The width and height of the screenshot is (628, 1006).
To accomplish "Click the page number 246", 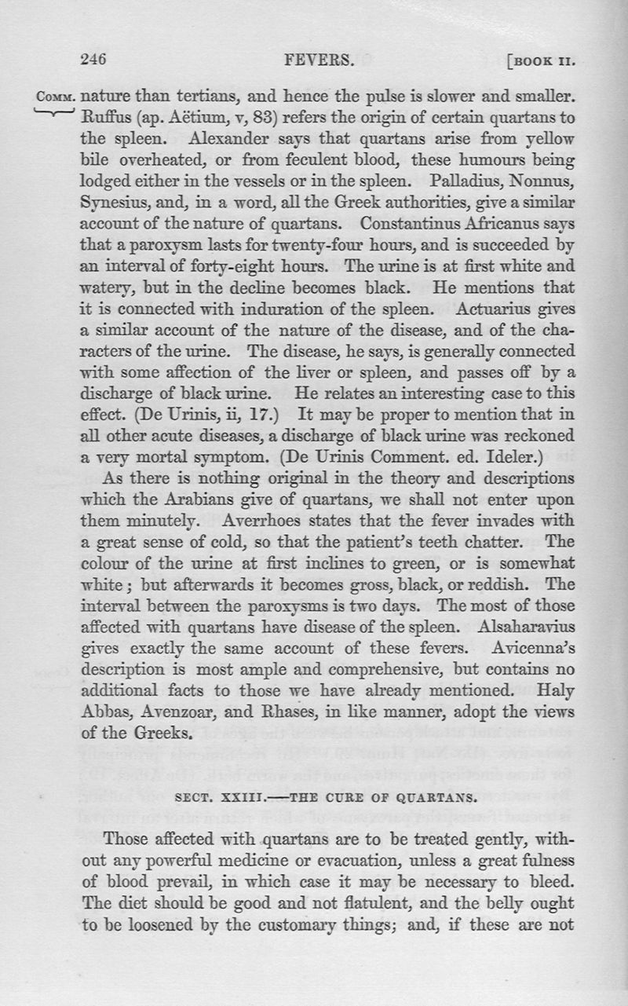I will point(93,58).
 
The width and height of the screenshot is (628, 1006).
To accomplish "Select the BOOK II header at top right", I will point(544,60).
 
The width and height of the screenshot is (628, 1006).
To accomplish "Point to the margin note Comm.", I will point(56,98).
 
